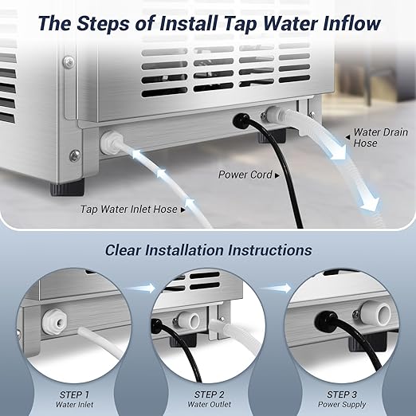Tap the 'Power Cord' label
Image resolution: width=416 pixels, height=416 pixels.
point(245,173)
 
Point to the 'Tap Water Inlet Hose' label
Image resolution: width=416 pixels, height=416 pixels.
point(129,210)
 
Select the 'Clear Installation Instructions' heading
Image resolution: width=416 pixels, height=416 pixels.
point(208,250)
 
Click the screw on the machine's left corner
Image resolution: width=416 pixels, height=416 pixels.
point(74,155)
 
